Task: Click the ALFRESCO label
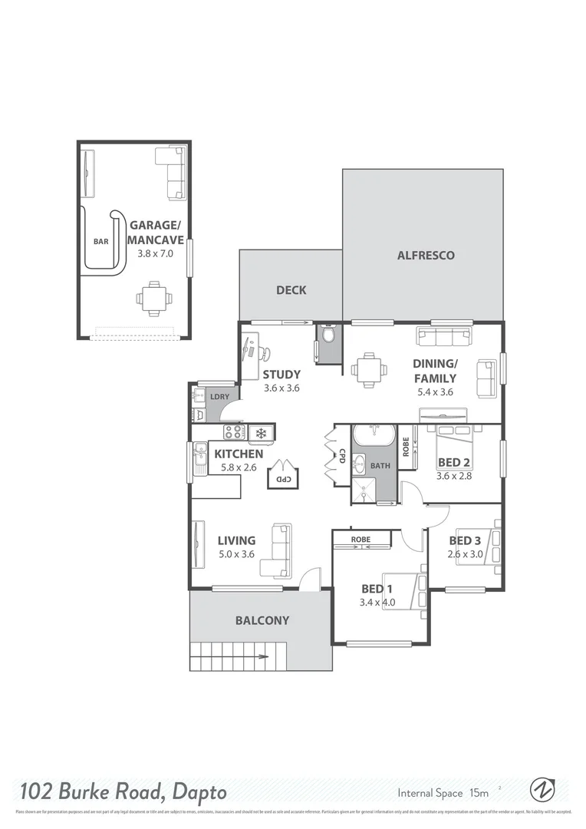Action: (x=426, y=256)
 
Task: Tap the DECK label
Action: (x=291, y=290)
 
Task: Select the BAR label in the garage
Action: (x=100, y=241)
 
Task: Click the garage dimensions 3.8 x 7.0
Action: (x=156, y=253)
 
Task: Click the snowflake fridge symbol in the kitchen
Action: (x=261, y=434)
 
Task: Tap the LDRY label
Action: (x=220, y=396)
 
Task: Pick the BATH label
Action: (x=380, y=465)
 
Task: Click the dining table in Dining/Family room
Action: (x=369, y=369)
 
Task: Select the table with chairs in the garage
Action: (x=154, y=298)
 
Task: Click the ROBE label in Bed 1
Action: (x=360, y=540)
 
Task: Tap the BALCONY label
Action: (x=262, y=620)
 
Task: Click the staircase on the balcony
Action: (x=231, y=655)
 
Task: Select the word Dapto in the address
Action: (x=194, y=791)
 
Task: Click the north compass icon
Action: (x=542, y=790)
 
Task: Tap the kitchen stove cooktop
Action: (x=233, y=432)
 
